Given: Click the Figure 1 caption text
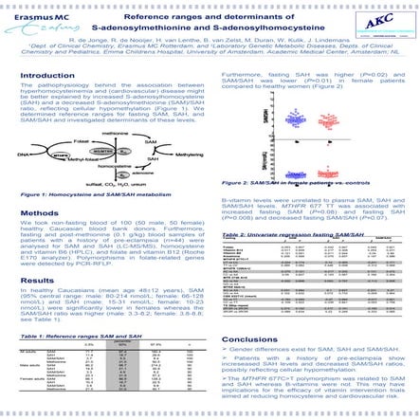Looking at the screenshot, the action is [85, 194].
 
